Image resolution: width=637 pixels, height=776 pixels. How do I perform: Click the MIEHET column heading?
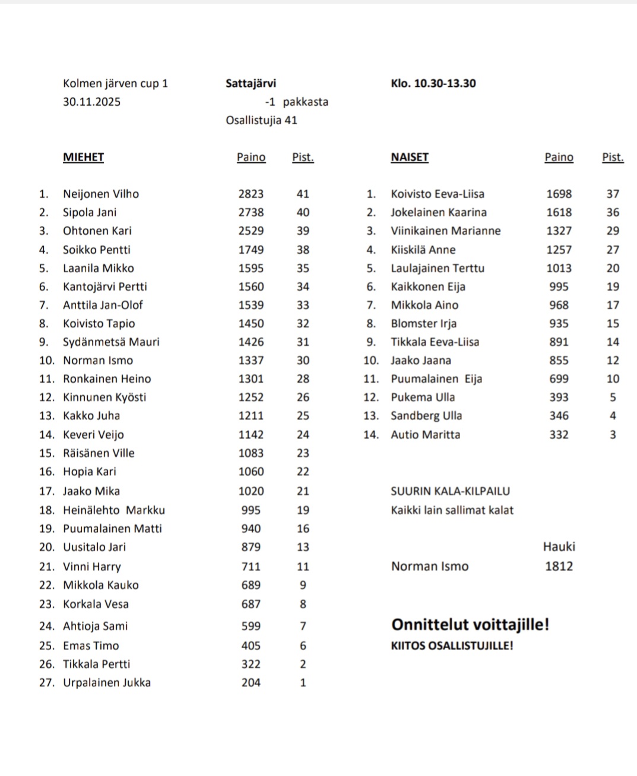pyautogui.click(x=83, y=157)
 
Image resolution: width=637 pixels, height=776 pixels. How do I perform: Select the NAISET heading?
pyautogui.click(x=409, y=157)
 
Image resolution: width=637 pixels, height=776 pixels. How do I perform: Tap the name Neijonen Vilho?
pyautogui.click(x=101, y=194)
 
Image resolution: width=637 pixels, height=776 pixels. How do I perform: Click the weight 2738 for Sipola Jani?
pyautogui.click(x=251, y=213)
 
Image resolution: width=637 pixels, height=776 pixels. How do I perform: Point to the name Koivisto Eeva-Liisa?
pyautogui.click(x=437, y=194)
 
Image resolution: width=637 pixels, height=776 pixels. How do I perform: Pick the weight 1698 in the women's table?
pyautogui.click(x=559, y=194)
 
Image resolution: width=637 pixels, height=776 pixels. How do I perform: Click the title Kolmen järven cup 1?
pyautogui.click(x=115, y=84)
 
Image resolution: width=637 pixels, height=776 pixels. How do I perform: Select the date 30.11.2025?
pyautogui.click(x=91, y=102)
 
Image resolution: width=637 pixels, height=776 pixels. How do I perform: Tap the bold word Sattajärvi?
pyautogui.click(x=251, y=84)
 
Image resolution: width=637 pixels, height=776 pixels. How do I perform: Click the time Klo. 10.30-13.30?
pyautogui.click(x=433, y=84)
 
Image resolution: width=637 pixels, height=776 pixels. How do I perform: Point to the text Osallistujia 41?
pyautogui.click(x=261, y=121)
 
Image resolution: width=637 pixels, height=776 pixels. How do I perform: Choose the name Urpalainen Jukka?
pyautogui.click(x=107, y=683)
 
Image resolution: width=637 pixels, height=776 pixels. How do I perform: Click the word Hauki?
pyautogui.click(x=559, y=547)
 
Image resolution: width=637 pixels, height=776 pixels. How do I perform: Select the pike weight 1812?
pyautogui.click(x=559, y=566)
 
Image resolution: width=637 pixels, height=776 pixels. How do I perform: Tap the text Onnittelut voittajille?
pyautogui.click(x=470, y=625)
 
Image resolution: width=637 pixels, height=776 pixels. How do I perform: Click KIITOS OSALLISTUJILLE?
pyautogui.click(x=452, y=646)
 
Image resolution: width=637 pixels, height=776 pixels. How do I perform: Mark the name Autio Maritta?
pyautogui.click(x=425, y=435)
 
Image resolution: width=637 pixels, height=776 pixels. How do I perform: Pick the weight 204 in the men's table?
pyautogui.click(x=251, y=683)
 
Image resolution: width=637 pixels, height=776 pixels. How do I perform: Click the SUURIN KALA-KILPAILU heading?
pyautogui.click(x=450, y=491)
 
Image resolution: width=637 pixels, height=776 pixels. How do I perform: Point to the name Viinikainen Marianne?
pyautogui.click(x=445, y=231)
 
